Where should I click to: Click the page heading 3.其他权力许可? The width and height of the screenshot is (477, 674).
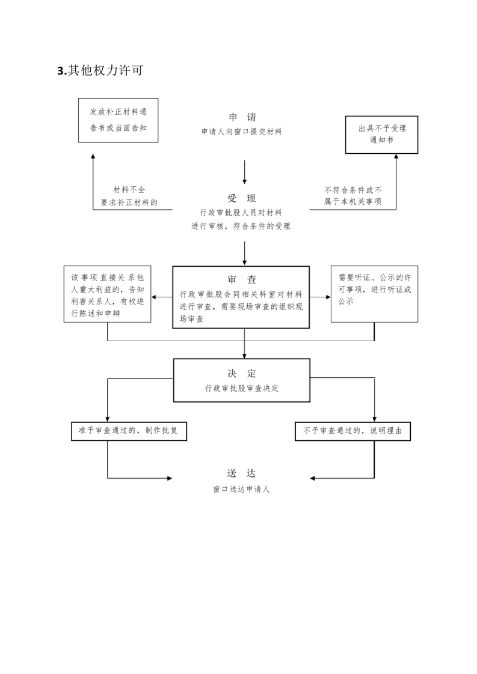click(x=100, y=70)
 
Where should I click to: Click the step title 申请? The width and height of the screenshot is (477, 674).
click(x=242, y=117)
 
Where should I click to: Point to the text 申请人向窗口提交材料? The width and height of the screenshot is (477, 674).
click(x=242, y=132)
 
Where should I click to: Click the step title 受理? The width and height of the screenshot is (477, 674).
click(x=242, y=198)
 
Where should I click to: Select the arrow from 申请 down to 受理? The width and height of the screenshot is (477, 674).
click(x=245, y=172)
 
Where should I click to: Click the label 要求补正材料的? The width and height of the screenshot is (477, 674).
click(x=129, y=202)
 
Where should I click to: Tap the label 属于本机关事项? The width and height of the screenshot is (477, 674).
click(x=353, y=201)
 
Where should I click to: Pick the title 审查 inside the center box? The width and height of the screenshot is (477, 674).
click(x=242, y=280)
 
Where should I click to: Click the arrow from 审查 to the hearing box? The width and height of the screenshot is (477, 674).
click(x=320, y=297)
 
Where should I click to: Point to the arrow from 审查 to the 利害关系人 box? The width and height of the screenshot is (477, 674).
click(x=162, y=297)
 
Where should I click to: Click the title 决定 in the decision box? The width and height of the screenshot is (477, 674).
click(x=242, y=373)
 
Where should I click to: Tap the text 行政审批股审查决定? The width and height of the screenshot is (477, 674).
click(x=242, y=388)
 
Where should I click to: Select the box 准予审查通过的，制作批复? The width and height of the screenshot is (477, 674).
click(x=129, y=431)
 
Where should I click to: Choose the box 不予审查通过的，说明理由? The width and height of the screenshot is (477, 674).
click(x=353, y=431)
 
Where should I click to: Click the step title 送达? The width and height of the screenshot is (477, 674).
click(x=242, y=473)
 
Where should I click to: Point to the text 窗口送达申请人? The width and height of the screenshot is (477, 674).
click(x=242, y=489)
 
